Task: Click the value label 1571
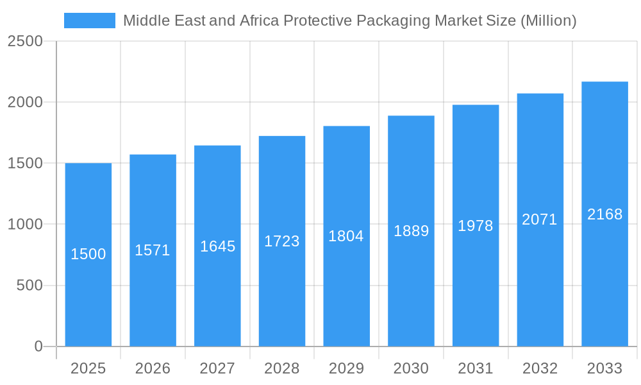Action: pos(153,250)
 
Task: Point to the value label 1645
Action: pos(217,246)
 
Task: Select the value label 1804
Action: pos(346,236)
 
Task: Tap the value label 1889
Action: pos(411,231)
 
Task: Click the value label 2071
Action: pos(540,219)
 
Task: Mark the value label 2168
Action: pos(604,214)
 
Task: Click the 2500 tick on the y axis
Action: pos(25,41)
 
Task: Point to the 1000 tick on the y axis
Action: pos(25,225)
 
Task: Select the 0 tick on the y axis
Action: pos(38,346)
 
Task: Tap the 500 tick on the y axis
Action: pos(29,286)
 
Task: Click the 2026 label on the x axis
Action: pos(153,368)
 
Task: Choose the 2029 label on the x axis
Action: pos(346,368)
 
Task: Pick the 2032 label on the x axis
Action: pos(540,368)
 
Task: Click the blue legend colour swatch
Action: pos(90,21)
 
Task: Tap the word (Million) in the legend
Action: pos(548,21)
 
